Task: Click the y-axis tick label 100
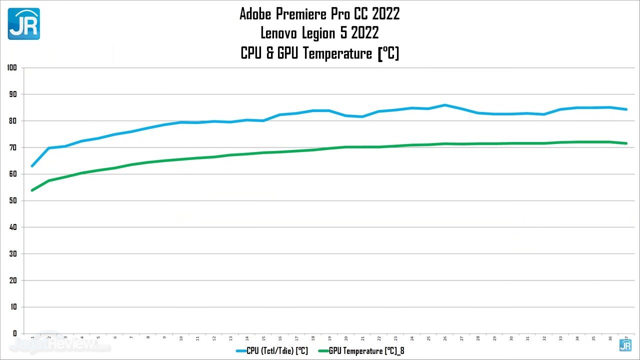pyautogui.click(x=12, y=67)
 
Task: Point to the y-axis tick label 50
pyautogui.click(x=13, y=200)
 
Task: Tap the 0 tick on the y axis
pyautogui.click(x=15, y=333)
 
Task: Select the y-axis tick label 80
pyautogui.click(x=13, y=120)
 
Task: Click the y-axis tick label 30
pyautogui.click(x=13, y=253)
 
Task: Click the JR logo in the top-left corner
pyautogui.click(x=23, y=23)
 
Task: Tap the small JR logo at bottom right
pyautogui.click(x=625, y=345)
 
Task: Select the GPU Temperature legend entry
pyautogui.click(x=361, y=351)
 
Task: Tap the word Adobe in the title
pyautogui.click(x=255, y=14)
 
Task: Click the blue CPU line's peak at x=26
pyautogui.click(x=445, y=105)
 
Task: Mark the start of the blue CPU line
pyautogui.click(x=32, y=165)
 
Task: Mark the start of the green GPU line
pyautogui.click(x=32, y=190)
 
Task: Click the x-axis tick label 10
pyautogui.click(x=181, y=338)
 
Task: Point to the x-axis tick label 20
pyautogui.click(x=346, y=338)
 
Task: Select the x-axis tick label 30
pyautogui.click(x=511, y=338)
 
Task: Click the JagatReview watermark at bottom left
pyautogui.click(x=60, y=344)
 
